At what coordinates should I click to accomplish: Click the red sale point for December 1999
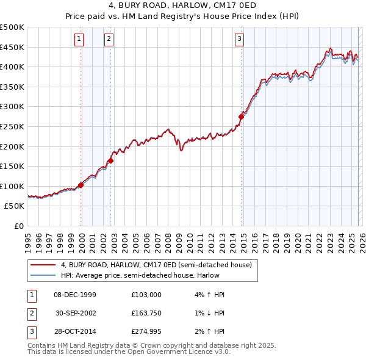tap(81, 185)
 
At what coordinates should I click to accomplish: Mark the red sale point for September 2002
tap(111, 160)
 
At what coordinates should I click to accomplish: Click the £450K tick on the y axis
tap(12, 47)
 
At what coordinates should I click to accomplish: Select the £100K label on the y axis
tap(12, 186)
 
